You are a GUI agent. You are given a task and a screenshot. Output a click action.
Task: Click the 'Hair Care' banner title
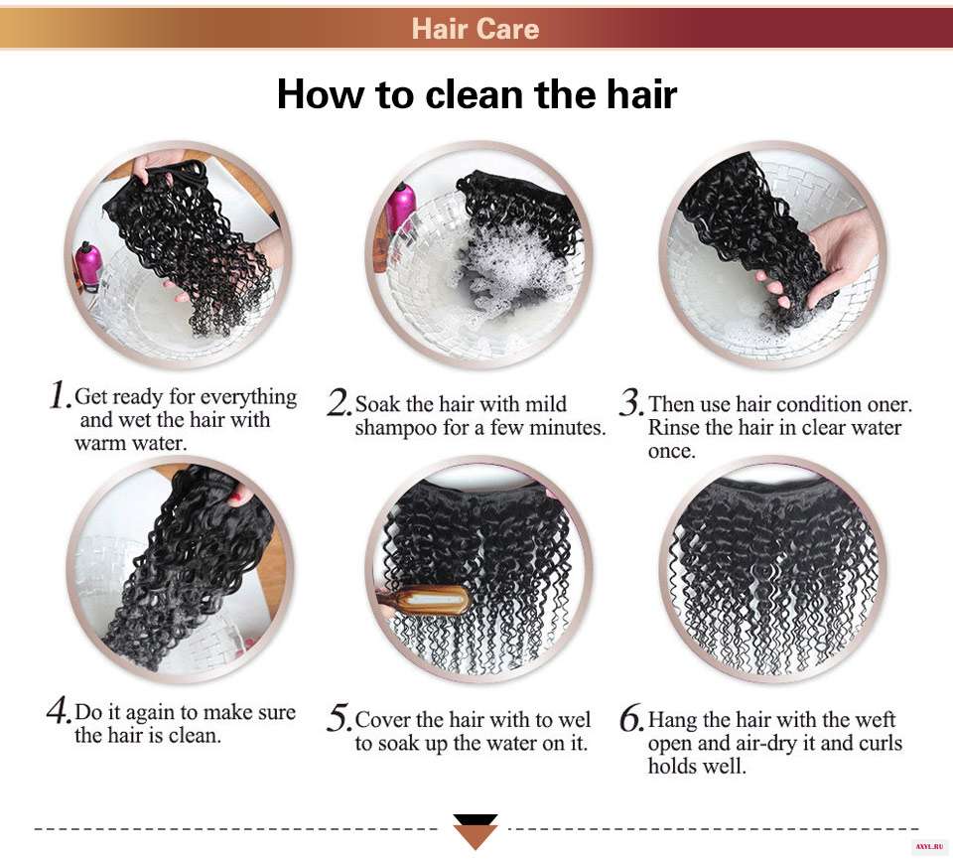pos(476,29)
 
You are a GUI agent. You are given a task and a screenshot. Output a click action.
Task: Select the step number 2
pos(338,402)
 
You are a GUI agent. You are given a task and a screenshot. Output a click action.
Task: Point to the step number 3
pos(631,402)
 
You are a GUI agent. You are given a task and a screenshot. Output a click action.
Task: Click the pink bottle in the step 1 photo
pos(87,265)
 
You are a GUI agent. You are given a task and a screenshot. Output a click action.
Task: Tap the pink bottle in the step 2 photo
pos(400,207)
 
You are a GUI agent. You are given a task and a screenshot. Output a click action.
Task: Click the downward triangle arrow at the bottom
pos(476,831)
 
